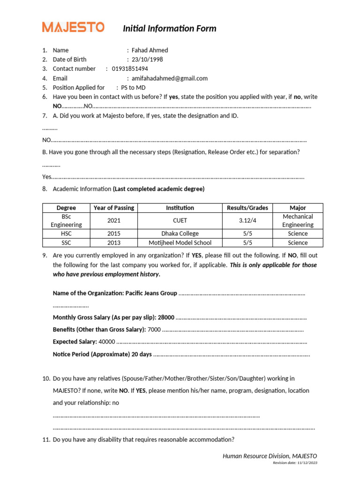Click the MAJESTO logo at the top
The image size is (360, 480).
73,27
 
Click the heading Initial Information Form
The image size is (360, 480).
169,29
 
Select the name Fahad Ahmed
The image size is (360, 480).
150,50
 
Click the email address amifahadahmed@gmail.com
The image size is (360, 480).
169,78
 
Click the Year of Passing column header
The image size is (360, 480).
113,208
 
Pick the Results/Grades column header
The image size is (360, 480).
247,208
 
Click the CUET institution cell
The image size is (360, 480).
180,220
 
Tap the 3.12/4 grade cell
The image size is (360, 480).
247,220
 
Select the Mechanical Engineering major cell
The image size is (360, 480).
298,220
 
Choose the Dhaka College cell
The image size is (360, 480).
180,233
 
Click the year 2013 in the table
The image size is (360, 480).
113,243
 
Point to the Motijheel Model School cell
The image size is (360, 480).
180,243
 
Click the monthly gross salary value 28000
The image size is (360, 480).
166,317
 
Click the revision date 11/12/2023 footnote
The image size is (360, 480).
295,463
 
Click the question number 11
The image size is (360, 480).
45,440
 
